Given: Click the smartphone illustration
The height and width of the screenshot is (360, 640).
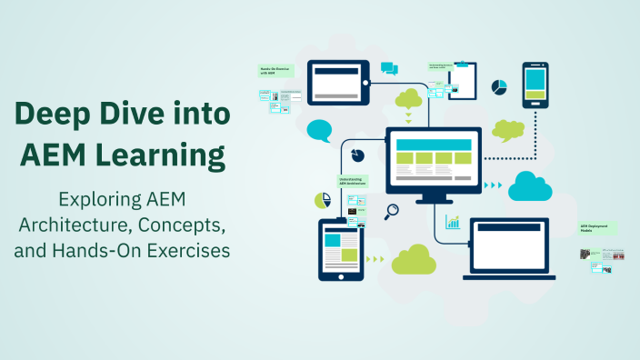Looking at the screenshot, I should tap(535, 87).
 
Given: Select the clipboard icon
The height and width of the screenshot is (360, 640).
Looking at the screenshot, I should tap(465, 82).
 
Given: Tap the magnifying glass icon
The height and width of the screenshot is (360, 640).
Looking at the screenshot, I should tap(392, 212).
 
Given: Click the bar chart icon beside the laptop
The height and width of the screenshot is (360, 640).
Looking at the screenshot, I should tap(452, 221).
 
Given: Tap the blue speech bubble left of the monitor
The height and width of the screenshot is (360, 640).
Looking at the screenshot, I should tap(319, 130).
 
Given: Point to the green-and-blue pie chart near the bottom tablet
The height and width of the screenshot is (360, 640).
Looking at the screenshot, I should tap(321, 200).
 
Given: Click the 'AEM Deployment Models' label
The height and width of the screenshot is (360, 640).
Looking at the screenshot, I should tap(597, 229).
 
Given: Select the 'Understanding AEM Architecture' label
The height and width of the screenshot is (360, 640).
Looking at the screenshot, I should tap(353, 182).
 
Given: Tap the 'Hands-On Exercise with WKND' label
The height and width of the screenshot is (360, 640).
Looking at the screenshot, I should tap(275, 71).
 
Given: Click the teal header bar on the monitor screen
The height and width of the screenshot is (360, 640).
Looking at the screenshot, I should tap(433, 145).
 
